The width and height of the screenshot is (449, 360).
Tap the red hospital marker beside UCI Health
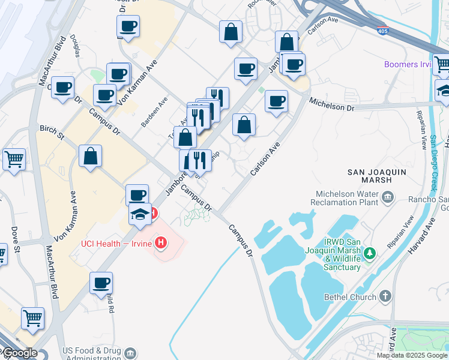[x=161, y=243]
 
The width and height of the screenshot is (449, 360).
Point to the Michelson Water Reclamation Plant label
[x=347, y=199]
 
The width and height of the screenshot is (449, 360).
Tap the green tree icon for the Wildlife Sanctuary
[x=371, y=253]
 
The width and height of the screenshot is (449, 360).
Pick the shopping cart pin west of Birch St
[x=14, y=160]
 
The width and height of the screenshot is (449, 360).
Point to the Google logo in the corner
[x=19, y=353]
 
